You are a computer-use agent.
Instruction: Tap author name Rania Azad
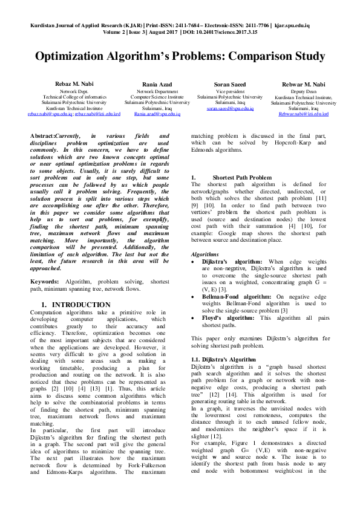(157, 85)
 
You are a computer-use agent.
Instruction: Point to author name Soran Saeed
(230, 85)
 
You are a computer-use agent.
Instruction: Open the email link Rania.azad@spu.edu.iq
(157, 113)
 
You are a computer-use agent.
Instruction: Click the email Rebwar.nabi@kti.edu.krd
(303, 113)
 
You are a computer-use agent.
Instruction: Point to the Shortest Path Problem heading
(242, 177)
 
